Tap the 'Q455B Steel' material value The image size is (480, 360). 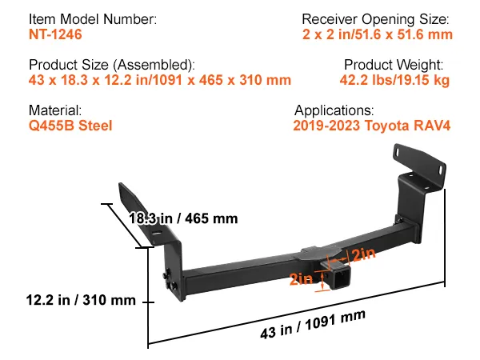70,126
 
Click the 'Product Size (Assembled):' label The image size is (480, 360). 111,65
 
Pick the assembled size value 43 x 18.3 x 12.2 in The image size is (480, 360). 159,80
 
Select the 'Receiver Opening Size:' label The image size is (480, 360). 375,18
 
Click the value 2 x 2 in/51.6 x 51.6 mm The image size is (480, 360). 378,34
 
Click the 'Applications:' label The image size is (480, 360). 334,110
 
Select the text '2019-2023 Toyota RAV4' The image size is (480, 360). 373,126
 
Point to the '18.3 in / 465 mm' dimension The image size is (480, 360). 184,218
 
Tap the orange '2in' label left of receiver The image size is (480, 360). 302,279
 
